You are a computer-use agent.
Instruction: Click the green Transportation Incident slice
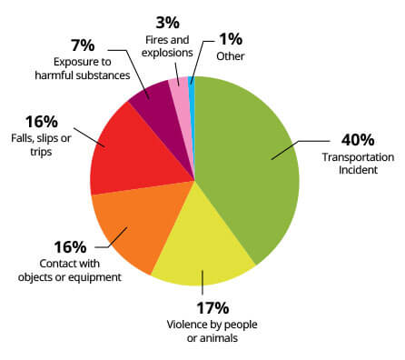coord(250,164)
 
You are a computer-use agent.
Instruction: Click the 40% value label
coord(356,141)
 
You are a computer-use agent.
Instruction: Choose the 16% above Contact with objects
coord(70,247)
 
